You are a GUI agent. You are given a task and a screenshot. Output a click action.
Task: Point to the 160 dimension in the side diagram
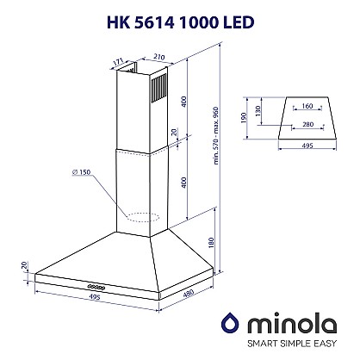coord(306,108)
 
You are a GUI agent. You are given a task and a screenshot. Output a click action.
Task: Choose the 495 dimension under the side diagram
coord(306,147)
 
